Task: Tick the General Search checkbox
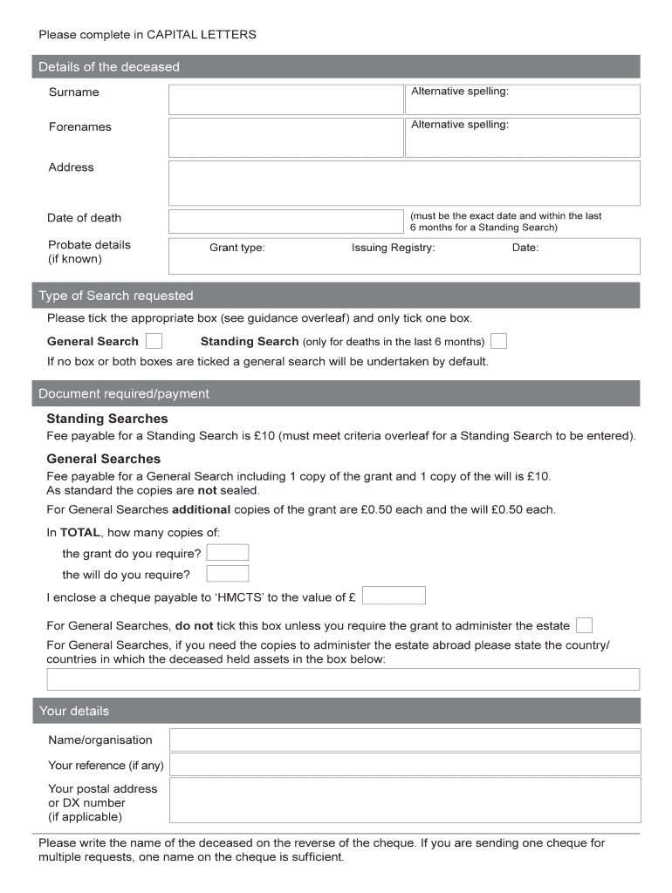(x=153, y=341)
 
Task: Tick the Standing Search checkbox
(x=498, y=341)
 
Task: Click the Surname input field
(x=285, y=99)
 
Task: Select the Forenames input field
(x=285, y=137)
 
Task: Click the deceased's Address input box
(x=404, y=183)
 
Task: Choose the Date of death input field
(x=285, y=221)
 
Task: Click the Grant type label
(x=237, y=248)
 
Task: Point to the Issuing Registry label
(x=393, y=248)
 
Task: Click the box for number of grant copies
(x=228, y=553)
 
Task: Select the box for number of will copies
(x=228, y=574)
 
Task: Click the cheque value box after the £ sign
(x=394, y=596)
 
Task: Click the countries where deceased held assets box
(x=343, y=679)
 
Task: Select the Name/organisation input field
(x=405, y=740)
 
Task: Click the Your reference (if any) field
(x=405, y=765)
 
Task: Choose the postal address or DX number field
(x=405, y=801)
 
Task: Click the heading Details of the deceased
(x=109, y=67)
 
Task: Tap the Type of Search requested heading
(x=116, y=296)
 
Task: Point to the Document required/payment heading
(x=124, y=393)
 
